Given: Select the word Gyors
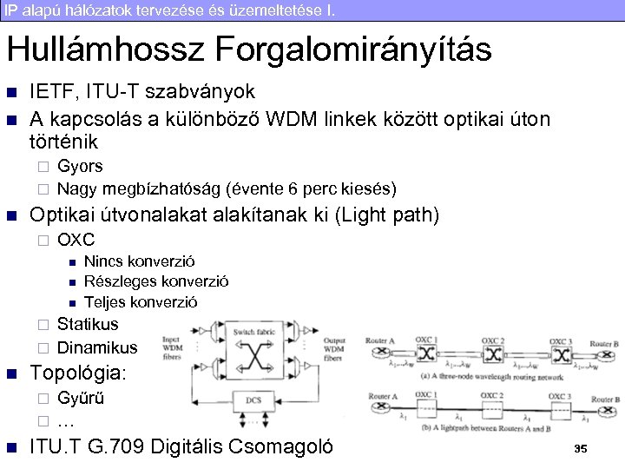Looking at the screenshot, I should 80,165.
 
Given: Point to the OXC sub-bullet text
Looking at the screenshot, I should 76,240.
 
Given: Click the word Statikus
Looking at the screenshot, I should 88,325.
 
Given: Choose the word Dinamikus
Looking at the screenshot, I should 96,348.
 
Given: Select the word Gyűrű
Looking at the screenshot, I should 80,399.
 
